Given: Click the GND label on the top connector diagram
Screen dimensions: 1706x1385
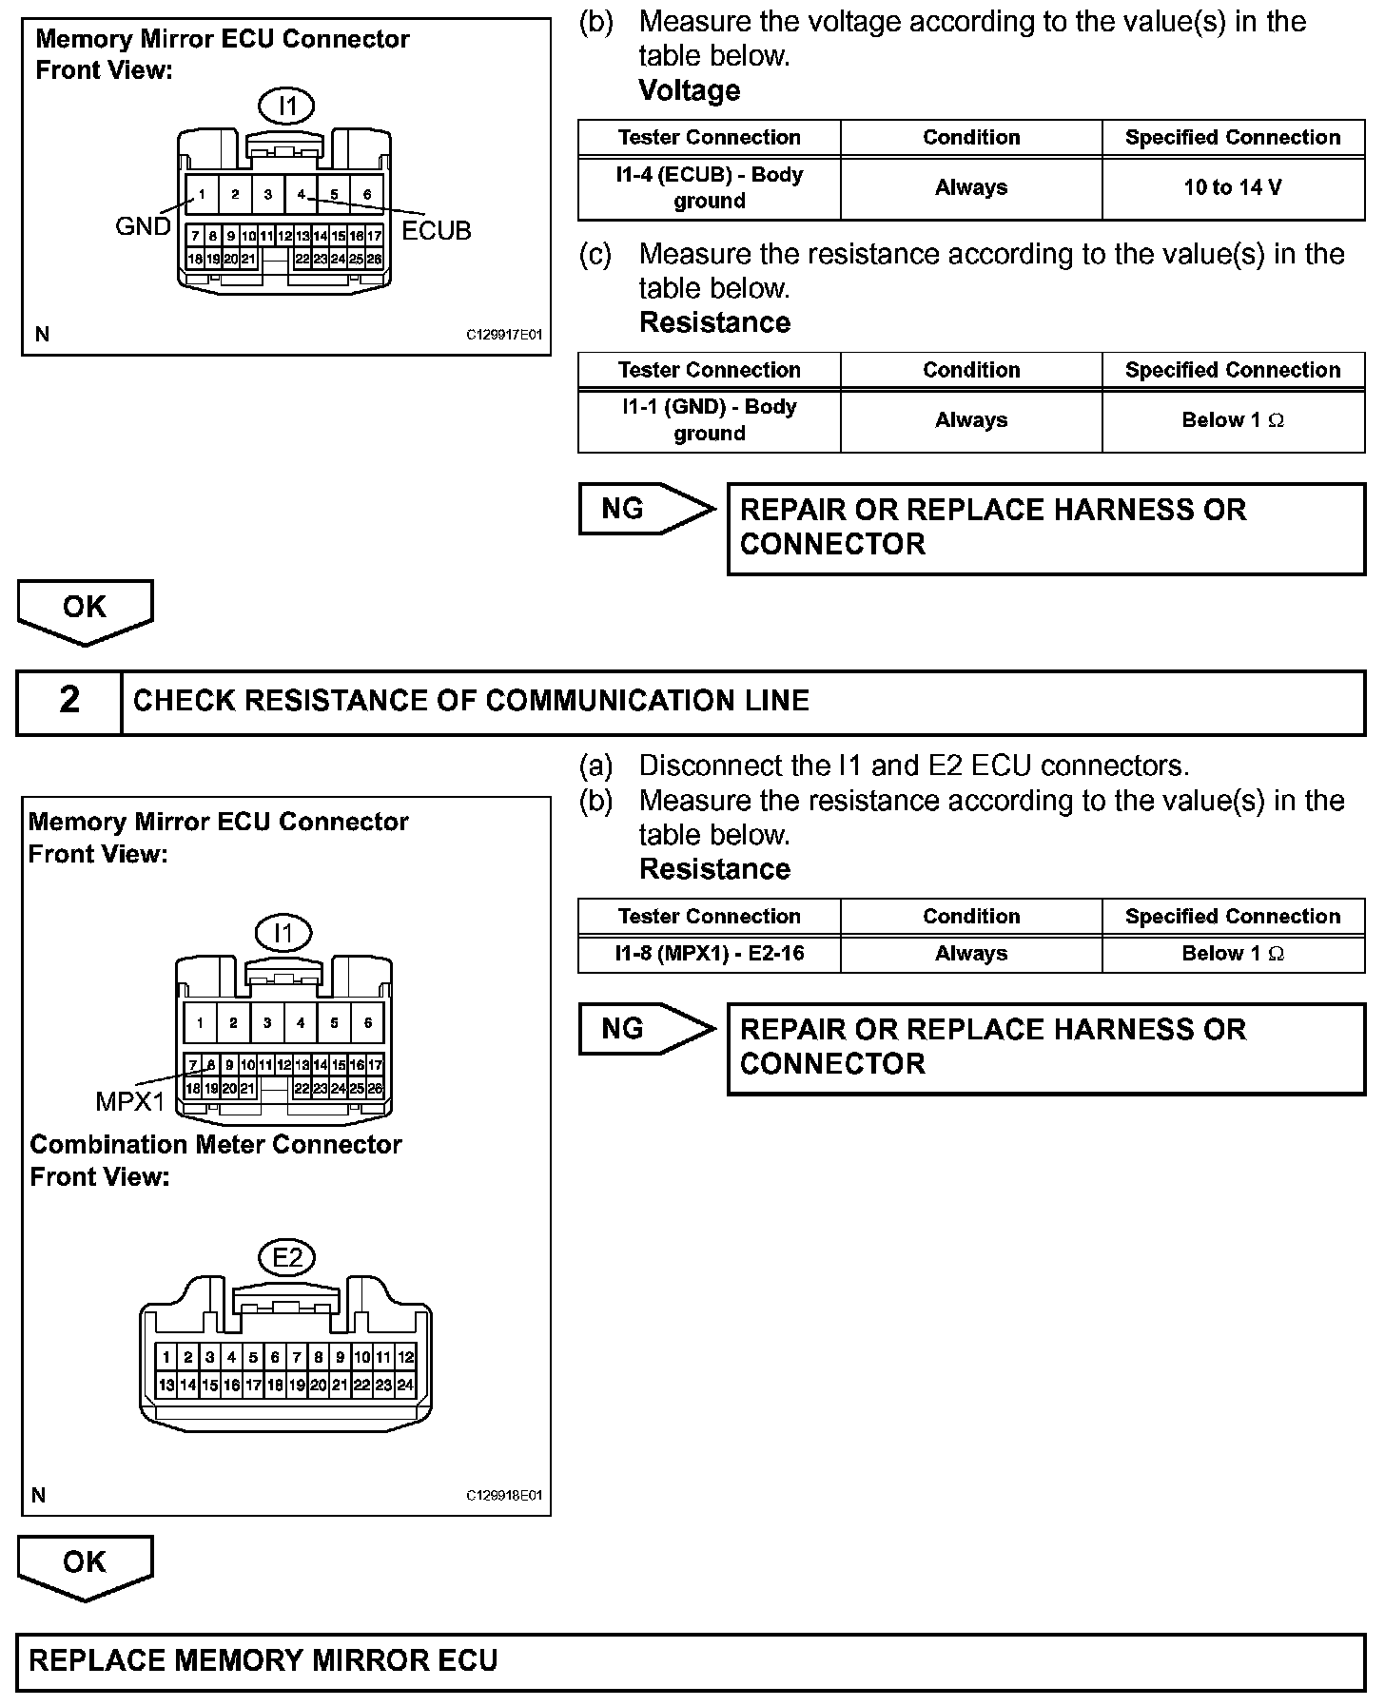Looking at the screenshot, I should pyautogui.click(x=143, y=226).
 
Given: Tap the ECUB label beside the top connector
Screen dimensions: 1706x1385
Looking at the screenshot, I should pyautogui.click(x=436, y=231).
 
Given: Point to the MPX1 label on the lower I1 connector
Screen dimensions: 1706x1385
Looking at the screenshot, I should pyautogui.click(x=130, y=1101).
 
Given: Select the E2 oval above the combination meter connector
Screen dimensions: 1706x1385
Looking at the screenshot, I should pyautogui.click(x=286, y=1258).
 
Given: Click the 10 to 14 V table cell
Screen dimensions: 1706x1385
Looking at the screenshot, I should pyautogui.click(x=1233, y=187).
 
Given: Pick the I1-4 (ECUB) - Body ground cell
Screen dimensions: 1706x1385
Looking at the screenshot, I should pyautogui.click(x=709, y=187).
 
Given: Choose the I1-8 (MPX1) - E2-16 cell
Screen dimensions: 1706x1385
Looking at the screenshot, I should pyautogui.click(x=709, y=953).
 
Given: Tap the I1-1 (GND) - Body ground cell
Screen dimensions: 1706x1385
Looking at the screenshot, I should pyautogui.click(x=709, y=419).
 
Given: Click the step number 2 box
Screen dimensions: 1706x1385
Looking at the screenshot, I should pyautogui.click(x=69, y=701).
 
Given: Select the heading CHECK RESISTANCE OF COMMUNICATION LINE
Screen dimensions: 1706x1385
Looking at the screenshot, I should pyautogui.click(x=471, y=701).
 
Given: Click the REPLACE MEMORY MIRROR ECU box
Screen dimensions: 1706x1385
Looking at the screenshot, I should pyautogui.click(x=691, y=1660).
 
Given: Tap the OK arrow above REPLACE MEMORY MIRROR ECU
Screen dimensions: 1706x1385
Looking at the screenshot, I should pyautogui.click(x=85, y=1564).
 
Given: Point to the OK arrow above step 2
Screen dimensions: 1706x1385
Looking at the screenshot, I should pyautogui.click(x=85, y=610).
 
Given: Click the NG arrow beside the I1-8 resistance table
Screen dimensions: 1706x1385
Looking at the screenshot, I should pyautogui.click(x=644, y=1029).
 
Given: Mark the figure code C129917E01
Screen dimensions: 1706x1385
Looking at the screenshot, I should pyautogui.click(x=504, y=335).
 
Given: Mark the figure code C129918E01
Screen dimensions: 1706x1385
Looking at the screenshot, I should pyautogui.click(x=504, y=1495).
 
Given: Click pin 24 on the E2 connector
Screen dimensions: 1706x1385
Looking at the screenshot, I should pyautogui.click(x=405, y=1385).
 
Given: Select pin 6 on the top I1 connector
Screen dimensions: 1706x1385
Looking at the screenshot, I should pyautogui.click(x=367, y=195).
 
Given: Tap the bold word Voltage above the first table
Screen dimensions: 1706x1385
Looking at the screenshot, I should pyautogui.click(x=690, y=90).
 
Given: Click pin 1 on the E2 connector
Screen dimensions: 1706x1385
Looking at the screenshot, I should pyautogui.click(x=166, y=1357).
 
